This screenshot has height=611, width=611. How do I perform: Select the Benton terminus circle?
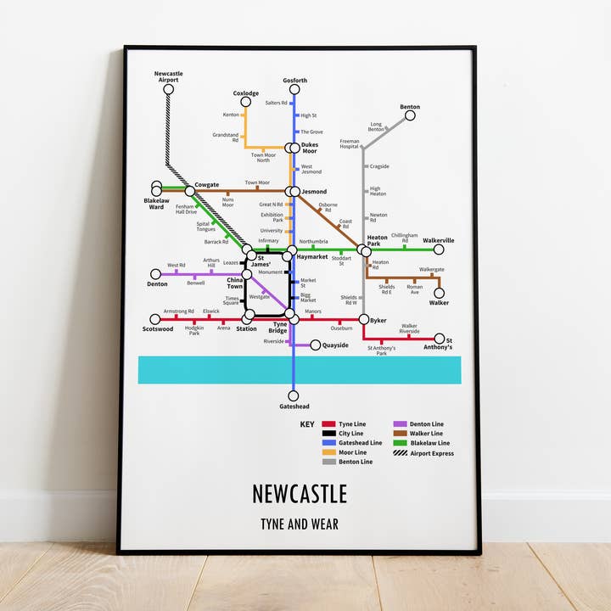coord(410,115)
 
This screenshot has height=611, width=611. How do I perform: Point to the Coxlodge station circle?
coord(245,102)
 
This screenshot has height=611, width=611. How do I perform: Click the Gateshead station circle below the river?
coord(294,395)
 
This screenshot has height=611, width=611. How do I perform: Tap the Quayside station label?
coord(335,345)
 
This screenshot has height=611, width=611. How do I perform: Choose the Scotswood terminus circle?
coord(155,319)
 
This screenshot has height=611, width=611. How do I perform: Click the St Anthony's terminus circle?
coord(440,339)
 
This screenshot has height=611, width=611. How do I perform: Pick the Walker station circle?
coord(439,293)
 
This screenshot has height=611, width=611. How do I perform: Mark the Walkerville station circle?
coord(439,249)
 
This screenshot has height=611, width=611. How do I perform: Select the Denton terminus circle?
coord(155,274)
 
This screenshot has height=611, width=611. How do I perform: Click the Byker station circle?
coord(364,319)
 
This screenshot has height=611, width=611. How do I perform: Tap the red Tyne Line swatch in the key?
coord(328,423)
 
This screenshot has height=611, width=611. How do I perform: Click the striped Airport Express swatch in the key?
coord(400,453)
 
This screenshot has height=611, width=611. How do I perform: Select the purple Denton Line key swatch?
coord(400,423)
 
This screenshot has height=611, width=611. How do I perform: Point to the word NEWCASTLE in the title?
coord(299,494)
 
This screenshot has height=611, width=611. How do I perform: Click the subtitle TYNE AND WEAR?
coord(299,524)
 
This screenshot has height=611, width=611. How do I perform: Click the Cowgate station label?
coord(207,185)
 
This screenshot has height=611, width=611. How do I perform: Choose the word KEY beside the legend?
coord(306,423)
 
